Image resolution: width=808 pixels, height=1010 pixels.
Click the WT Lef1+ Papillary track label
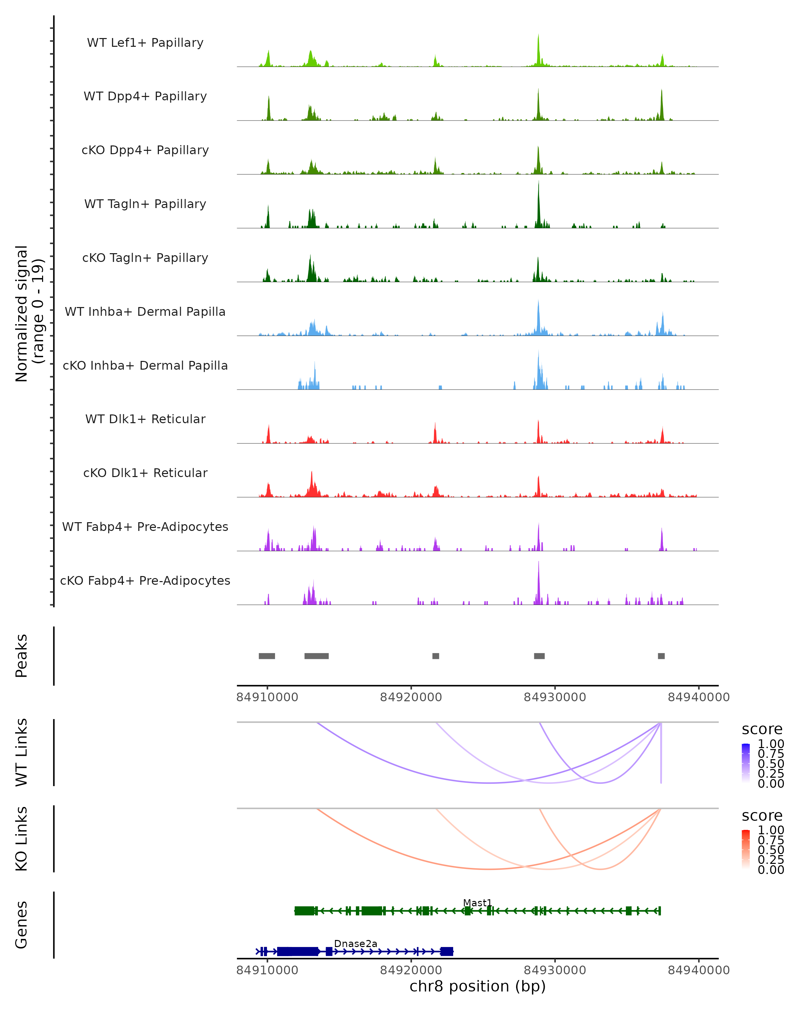point(145,43)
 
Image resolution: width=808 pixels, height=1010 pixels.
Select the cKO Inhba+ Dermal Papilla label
point(145,365)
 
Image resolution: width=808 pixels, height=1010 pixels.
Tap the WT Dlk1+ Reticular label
point(145,419)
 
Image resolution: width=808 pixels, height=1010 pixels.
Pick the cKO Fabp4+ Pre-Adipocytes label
point(145,580)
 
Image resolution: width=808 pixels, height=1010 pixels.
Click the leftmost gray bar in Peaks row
point(267,656)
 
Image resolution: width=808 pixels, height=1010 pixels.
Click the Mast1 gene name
point(477,903)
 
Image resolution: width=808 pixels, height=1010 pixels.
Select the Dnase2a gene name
point(356,943)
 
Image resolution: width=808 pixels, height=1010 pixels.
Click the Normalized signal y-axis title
point(29,314)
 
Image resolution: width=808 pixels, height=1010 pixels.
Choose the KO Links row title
point(22,839)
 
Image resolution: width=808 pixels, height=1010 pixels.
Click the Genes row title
point(22,925)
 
